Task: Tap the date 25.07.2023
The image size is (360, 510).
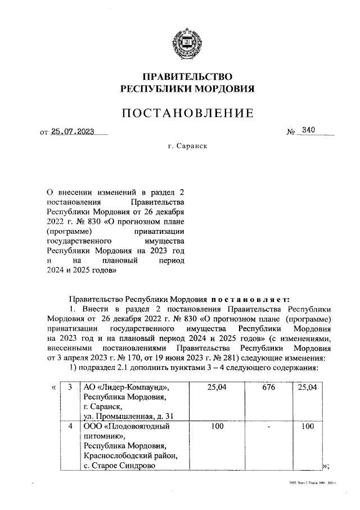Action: point(72,132)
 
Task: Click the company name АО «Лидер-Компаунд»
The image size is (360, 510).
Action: point(126,388)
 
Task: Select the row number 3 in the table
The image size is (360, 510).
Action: point(70,388)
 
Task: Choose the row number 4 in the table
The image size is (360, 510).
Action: point(70,427)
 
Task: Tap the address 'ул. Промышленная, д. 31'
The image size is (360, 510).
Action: point(129,416)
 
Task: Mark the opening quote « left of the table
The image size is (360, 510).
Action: point(53,388)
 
